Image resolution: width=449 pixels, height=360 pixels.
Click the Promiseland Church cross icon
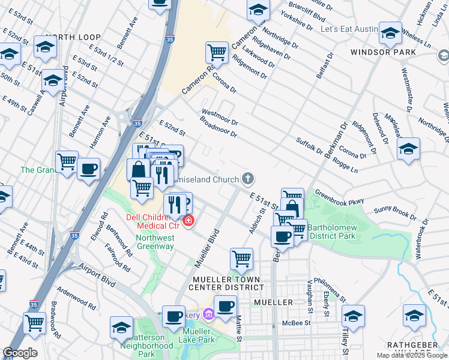[x=247, y=178]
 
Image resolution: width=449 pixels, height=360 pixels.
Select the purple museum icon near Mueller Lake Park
[x=208, y=314]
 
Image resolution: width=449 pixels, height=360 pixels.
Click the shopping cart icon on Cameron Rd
[x=216, y=52]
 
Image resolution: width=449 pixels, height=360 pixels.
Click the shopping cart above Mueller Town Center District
[x=241, y=259]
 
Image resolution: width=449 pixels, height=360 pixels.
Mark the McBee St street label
[x=296, y=323]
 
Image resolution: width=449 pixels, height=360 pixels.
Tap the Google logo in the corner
[x=20, y=353]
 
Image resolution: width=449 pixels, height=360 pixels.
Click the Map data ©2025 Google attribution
[x=412, y=356]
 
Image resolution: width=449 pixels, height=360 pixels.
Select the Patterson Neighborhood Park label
[x=147, y=342]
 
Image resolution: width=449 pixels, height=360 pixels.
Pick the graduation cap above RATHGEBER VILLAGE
[x=414, y=315]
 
